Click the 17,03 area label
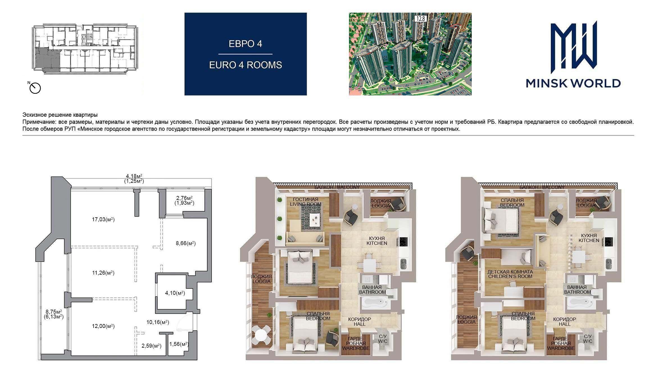[103, 220]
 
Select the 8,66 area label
[186, 243]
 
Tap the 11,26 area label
[103, 273]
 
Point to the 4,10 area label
[175, 293]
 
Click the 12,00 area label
[103, 326]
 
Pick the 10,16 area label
[158, 322]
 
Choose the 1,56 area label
[179, 344]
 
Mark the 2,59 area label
[151, 346]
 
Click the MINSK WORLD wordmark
[573, 83]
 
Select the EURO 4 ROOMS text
[245, 65]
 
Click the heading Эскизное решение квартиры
[60, 115]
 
